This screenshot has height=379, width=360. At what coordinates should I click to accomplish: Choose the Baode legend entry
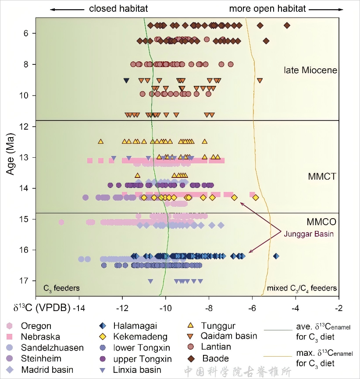(x=215, y=359)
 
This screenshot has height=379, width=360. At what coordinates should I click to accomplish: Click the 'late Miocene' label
(x=310, y=70)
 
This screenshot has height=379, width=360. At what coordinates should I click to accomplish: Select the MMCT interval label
(x=322, y=177)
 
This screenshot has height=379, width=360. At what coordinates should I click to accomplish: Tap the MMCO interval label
(x=321, y=221)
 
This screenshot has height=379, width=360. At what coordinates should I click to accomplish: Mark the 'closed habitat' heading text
(x=118, y=9)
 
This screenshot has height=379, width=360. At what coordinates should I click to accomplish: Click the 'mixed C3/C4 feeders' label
(x=302, y=288)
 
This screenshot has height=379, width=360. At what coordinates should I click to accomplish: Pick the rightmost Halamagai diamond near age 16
(x=276, y=256)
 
